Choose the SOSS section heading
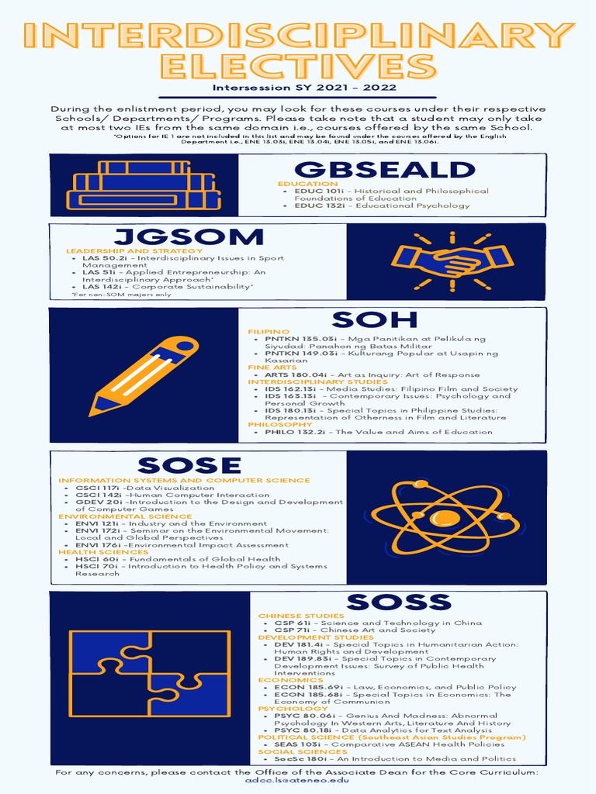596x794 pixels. (398, 602)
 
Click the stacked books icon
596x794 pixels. (144, 185)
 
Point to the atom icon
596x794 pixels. (445, 516)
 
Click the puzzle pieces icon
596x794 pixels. (149, 674)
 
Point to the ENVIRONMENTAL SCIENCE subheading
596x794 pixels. (114, 516)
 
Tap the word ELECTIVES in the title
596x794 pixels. (298, 64)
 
